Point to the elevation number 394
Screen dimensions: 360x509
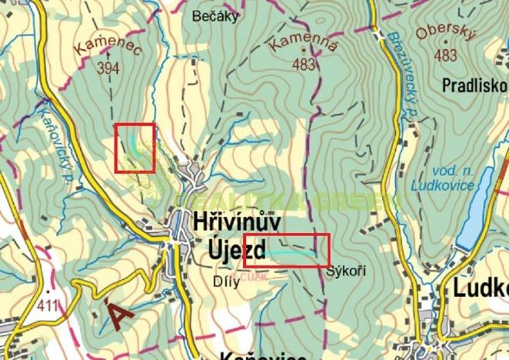tap(108, 68)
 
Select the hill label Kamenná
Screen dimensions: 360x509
tap(305, 45)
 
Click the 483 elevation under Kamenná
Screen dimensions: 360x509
tap(304, 65)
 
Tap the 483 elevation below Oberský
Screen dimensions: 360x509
tap(445, 55)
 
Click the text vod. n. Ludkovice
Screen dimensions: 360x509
tap(439, 178)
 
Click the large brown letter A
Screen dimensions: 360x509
tap(118, 315)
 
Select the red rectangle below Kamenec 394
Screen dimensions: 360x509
tap(135, 148)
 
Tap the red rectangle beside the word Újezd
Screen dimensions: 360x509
tap(286, 250)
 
